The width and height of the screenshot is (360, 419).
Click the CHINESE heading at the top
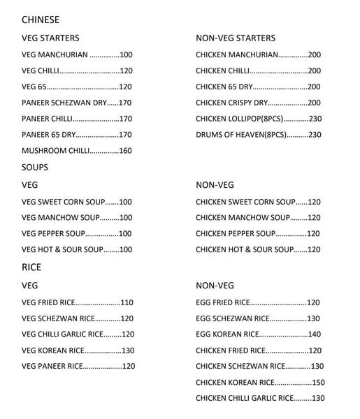(41, 20)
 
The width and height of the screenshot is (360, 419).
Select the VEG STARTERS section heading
(50, 38)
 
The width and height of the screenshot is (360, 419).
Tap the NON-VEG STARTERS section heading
(236, 38)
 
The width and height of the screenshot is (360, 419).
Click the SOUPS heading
(35, 168)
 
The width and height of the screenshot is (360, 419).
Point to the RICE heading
(31, 267)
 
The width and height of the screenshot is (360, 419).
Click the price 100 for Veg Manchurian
(126, 54)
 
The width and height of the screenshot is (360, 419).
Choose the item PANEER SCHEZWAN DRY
(64, 103)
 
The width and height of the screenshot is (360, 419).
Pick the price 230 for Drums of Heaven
(315, 135)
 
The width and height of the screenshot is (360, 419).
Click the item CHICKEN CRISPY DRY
(232, 103)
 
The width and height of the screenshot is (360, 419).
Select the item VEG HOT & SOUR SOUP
(62, 250)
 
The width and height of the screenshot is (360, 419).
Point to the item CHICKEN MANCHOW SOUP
(242, 218)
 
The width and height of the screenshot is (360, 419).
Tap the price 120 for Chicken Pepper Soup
(313, 234)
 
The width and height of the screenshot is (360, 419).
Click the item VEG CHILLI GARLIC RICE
(62, 335)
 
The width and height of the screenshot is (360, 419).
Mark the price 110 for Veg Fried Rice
(127, 303)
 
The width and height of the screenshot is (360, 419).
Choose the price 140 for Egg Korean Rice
(314, 335)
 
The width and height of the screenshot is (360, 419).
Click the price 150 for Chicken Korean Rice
(318, 383)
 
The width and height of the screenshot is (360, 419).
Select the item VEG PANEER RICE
(52, 367)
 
